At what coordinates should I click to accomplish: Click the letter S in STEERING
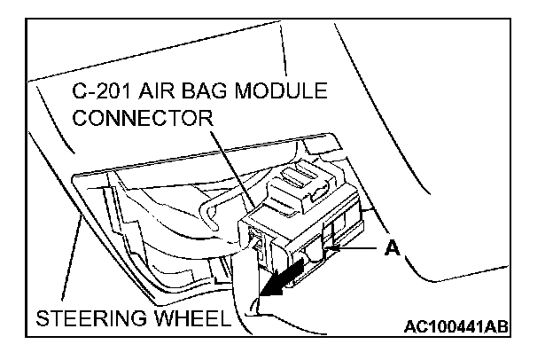click(x=43, y=317)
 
